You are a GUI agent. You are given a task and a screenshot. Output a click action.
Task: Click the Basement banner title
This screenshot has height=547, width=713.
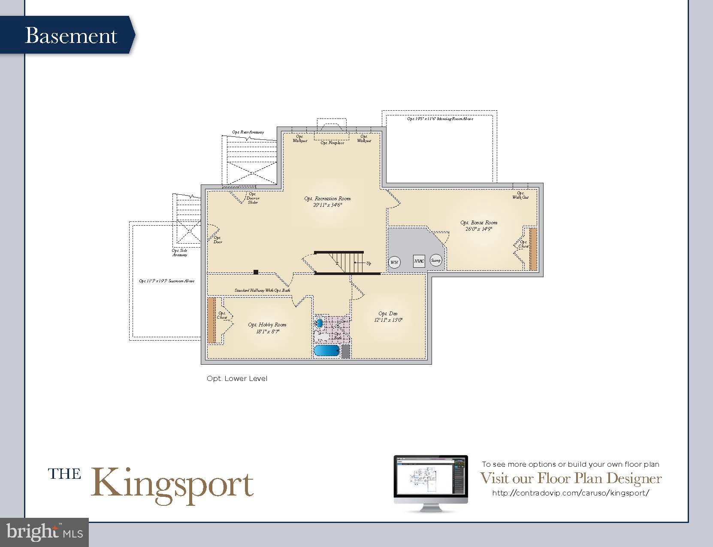[x=71, y=36]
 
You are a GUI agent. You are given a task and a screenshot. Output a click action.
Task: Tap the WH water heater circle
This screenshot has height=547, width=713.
[x=394, y=262]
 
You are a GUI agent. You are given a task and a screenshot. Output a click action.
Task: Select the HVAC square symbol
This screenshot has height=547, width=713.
[x=419, y=261]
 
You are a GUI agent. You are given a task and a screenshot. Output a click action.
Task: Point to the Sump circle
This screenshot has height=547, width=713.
[x=435, y=260]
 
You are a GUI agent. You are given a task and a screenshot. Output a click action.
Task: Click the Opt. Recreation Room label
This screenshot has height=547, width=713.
[x=327, y=202]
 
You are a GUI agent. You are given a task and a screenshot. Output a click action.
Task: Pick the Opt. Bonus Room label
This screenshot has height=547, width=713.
[x=479, y=226]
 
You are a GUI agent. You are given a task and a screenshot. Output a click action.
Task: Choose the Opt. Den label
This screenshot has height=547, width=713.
[x=388, y=317]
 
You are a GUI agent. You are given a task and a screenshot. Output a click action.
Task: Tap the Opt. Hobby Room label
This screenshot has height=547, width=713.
[x=267, y=328]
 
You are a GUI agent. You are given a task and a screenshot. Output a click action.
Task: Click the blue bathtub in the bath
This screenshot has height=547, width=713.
[x=327, y=351]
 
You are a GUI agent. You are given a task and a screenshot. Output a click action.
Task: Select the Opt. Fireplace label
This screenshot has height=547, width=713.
[x=332, y=143]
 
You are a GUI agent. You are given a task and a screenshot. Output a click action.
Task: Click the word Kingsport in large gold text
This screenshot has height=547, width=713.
[x=172, y=485]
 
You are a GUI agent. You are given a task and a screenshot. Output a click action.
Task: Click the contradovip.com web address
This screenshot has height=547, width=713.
[x=571, y=493]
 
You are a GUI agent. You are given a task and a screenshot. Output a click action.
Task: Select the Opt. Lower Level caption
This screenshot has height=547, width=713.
[x=237, y=378]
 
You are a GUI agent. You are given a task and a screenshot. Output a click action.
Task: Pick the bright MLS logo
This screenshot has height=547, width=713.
[x=45, y=532]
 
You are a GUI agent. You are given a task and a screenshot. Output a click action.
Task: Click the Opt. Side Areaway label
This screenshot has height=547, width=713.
[x=180, y=253]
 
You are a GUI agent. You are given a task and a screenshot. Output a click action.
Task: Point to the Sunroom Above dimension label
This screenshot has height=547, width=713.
[x=166, y=281]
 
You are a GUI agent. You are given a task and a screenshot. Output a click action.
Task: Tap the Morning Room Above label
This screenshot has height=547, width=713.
[x=440, y=118]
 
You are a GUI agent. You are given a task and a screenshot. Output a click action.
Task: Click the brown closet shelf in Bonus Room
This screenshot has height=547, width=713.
[x=533, y=249]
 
